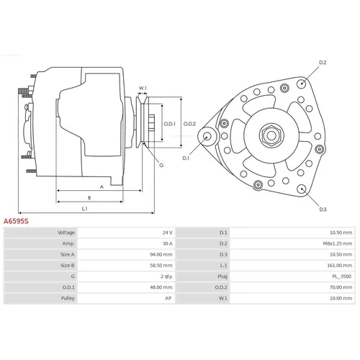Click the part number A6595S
[16, 221]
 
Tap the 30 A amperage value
[168, 243]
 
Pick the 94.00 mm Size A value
[161, 254]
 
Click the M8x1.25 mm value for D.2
[338, 243]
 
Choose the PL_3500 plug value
[342, 276]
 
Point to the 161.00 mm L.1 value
[340, 266]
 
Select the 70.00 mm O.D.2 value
[341, 287]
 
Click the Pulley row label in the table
[68, 298]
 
